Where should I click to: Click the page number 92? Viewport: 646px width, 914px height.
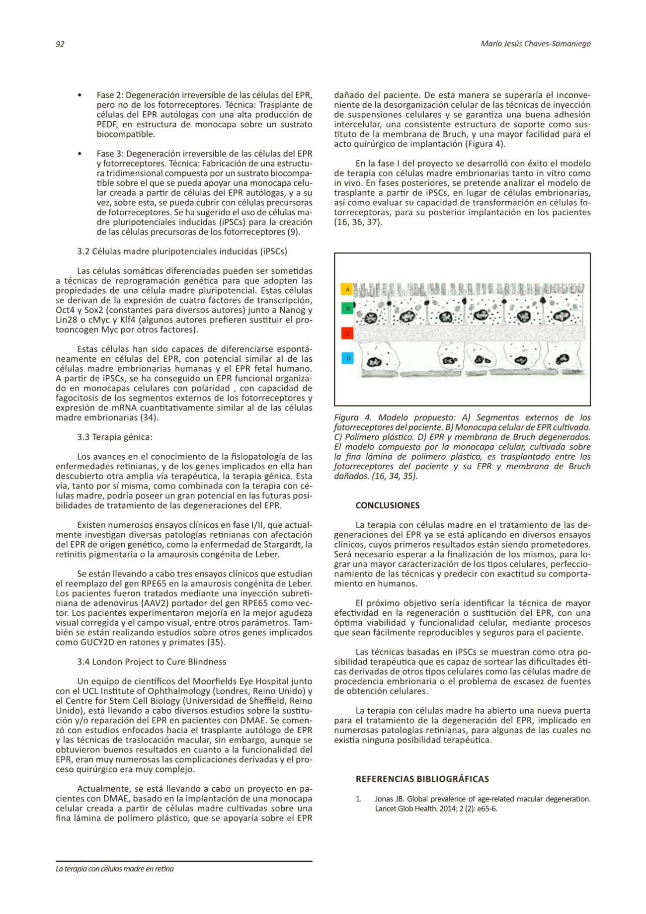pyautogui.click(x=60, y=44)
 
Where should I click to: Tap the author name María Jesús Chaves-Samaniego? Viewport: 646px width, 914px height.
pyautogui.click(x=536, y=44)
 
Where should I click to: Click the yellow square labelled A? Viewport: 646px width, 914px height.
pyautogui.click(x=347, y=289)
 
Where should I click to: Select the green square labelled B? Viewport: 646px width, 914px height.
pyautogui.click(x=347, y=309)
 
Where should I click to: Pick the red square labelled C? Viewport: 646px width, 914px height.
pyautogui.click(x=347, y=333)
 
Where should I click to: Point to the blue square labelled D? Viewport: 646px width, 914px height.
pyautogui.click(x=347, y=358)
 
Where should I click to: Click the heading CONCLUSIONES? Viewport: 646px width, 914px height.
pyautogui.click(x=387, y=505)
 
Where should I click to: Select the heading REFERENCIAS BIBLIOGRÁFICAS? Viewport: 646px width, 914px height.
pyautogui.click(x=422, y=779)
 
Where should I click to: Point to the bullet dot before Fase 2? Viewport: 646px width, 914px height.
pyautogui.click(x=80, y=95)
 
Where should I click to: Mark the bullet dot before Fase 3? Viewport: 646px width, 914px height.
pyautogui.click(x=80, y=154)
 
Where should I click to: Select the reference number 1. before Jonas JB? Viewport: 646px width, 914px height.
pyautogui.click(x=359, y=799)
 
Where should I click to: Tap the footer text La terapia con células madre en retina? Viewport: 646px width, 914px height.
pyautogui.click(x=115, y=869)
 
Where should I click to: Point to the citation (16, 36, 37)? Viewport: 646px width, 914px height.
pyautogui.click(x=358, y=222)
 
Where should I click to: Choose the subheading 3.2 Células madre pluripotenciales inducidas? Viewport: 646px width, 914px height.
pyautogui.click(x=182, y=251)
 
